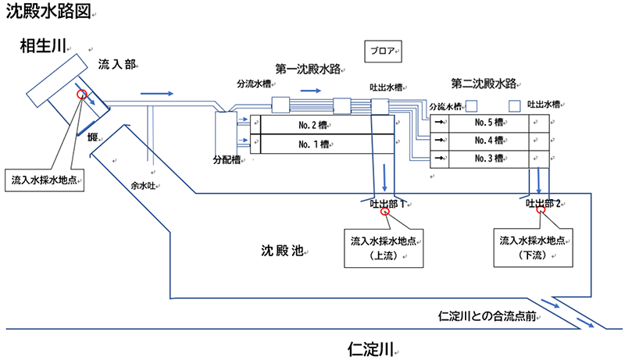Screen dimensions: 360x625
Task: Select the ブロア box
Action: click(382, 52)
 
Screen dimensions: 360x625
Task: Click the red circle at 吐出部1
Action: click(384, 211)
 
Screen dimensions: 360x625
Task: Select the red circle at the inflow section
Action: click(80, 94)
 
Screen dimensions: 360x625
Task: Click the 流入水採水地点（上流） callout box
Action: click(383, 246)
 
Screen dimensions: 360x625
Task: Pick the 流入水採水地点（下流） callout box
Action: click(533, 246)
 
